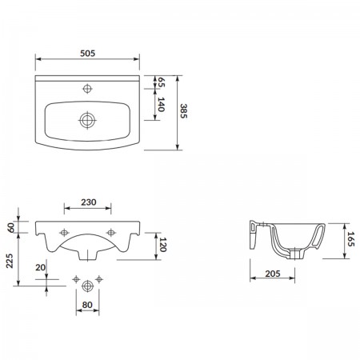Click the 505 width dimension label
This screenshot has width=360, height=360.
[x=87, y=54]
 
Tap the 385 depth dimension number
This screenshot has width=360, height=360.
[x=184, y=111]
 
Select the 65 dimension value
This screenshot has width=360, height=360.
[x=162, y=82]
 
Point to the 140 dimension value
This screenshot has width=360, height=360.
[x=161, y=104]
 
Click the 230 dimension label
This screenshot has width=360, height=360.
[x=89, y=202]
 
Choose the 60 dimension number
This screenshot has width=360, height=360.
[x=10, y=227]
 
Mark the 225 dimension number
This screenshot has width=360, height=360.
[x=10, y=261]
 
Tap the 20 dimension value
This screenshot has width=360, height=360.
[x=41, y=267]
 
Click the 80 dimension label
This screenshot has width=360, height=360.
[x=87, y=305]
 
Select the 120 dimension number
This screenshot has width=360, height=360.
[x=162, y=244]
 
